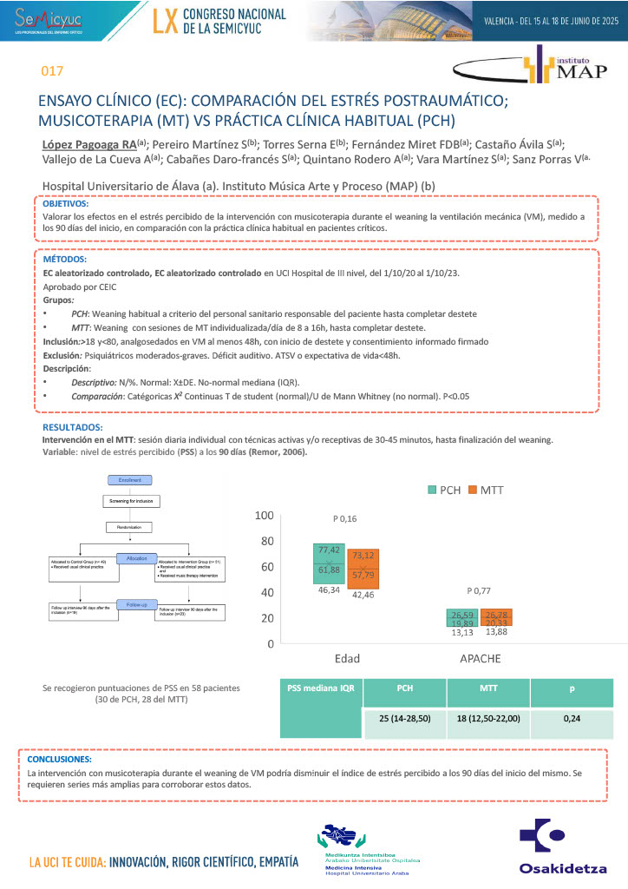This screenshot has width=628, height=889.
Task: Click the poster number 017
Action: click(x=53, y=71)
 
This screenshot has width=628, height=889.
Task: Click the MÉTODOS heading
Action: click(x=65, y=259)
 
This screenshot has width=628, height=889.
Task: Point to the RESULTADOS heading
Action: click(x=73, y=427)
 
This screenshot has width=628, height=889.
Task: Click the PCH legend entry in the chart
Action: click(x=444, y=490)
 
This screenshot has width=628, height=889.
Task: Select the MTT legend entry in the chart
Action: click(x=486, y=490)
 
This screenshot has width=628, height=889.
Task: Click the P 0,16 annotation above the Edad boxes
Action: click(x=346, y=518)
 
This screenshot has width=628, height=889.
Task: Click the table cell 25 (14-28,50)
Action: click(x=404, y=720)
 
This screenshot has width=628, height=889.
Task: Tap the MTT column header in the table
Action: click(x=487, y=688)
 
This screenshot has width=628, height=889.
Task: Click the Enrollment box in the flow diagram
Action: click(x=130, y=480)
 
